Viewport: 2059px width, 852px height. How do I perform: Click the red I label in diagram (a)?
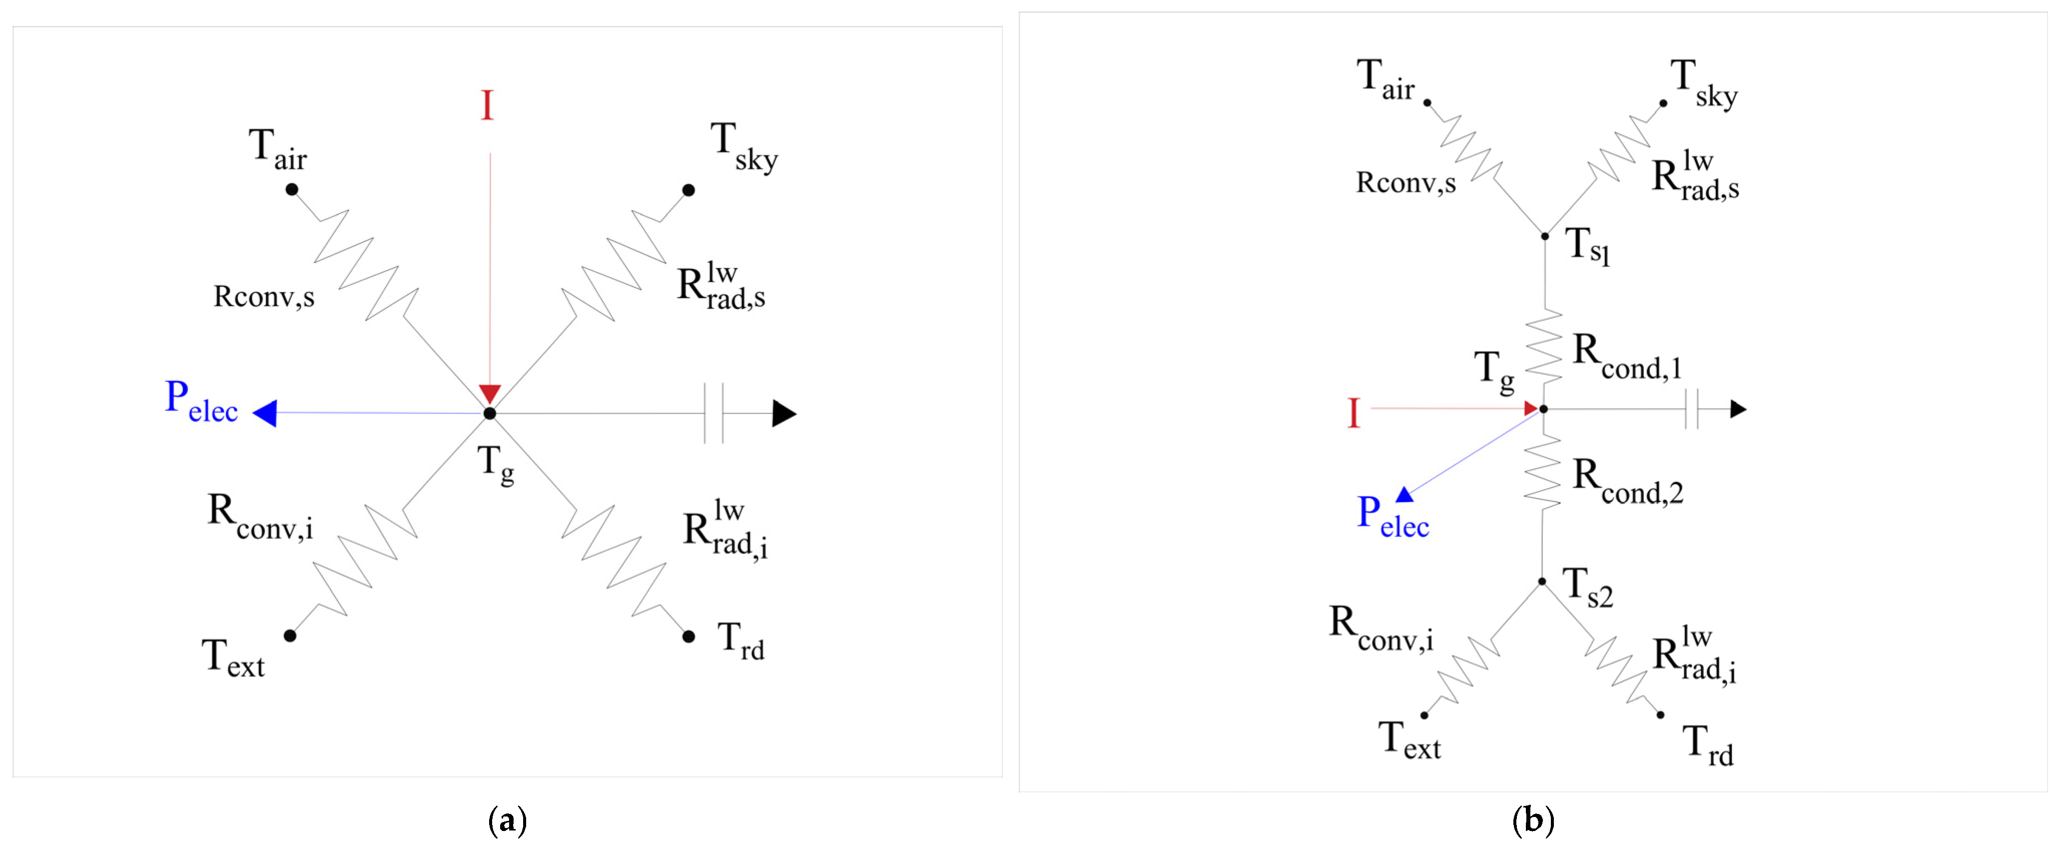[x=487, y=105]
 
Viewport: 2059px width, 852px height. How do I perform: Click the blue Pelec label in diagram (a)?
[x=201, y=401]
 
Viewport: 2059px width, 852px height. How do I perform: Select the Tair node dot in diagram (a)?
[x=292, y=189]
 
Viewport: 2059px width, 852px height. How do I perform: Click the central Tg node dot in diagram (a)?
[x=489, y=413]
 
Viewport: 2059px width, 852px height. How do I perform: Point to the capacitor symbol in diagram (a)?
[x=714, y=413]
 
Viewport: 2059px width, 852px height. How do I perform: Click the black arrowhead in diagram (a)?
[x=783, y=413]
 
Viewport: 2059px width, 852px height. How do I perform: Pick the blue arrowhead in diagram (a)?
[x=266, y=413]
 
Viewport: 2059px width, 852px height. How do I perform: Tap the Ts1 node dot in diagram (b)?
[x=1544, y=236]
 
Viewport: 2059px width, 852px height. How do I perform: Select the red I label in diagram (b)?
[x=1353, y=413]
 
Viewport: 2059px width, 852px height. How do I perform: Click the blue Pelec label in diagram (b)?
[x=1392, y=516]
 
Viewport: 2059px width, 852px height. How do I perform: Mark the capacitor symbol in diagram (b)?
[x=1690, y=409]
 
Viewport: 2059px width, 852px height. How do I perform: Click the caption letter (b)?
[x=1533, y=821]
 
